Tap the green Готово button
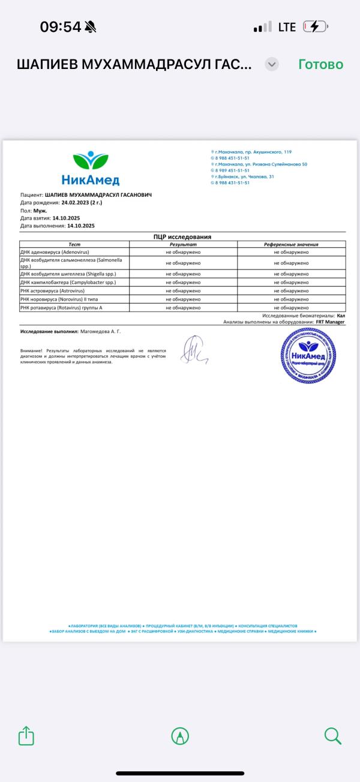(320, 64)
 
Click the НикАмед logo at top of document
(91, 168)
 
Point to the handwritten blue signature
(193, 349)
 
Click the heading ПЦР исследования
(182, 236)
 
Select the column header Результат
(183, 244)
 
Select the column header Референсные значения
(291, 244)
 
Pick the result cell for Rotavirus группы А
(183, 307)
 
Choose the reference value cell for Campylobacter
(291, 282)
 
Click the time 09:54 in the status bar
(60, 27)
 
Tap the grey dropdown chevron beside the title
(272, 64)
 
